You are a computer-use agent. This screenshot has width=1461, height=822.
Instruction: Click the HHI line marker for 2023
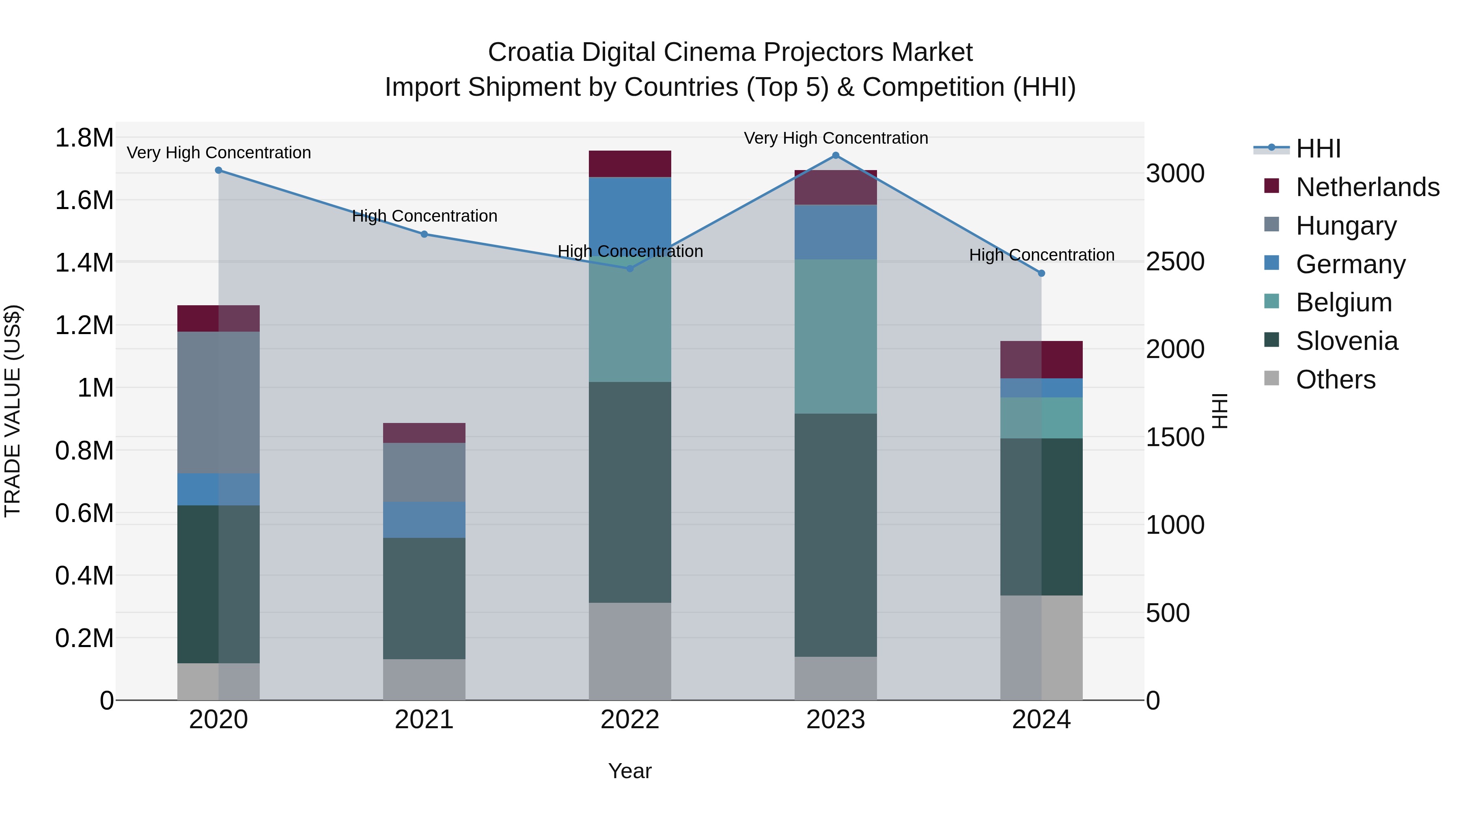pos(836,155)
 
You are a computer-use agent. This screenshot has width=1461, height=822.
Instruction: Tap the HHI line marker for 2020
pos(218,170)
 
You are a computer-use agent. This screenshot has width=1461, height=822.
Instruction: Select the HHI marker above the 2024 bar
pos(1041,274)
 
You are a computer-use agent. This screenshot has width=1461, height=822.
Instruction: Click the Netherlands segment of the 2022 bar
pos(629,164)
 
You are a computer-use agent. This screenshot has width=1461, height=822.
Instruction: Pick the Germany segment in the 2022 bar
pos(629,216)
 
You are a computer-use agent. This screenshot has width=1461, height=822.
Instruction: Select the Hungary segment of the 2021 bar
pos(424,472)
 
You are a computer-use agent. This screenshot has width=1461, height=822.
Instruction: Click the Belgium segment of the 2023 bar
pos(836,337)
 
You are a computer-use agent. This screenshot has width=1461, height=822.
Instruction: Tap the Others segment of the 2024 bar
pos(1041,647)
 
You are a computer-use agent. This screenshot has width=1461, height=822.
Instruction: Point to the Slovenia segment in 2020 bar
pos(218,584)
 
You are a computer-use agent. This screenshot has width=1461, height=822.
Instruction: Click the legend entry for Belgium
pos(1343,302)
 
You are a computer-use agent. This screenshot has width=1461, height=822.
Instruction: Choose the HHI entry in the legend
pos(1318,149)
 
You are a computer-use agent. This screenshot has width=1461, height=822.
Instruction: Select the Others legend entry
pos(1335,380)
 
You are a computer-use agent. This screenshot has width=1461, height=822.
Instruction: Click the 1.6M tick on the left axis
pos(84,200)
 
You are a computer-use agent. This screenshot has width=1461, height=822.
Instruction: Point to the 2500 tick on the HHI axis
pos(1174,261)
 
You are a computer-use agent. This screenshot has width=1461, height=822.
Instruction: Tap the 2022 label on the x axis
pos(629,720)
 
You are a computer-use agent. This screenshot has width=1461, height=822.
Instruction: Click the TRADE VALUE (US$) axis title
pos(13,411)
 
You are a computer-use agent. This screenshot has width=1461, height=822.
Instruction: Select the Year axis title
pos(629,771)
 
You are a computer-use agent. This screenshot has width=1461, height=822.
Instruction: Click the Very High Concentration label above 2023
pos(836,138)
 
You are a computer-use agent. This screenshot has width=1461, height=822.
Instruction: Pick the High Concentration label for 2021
pos(424,216)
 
